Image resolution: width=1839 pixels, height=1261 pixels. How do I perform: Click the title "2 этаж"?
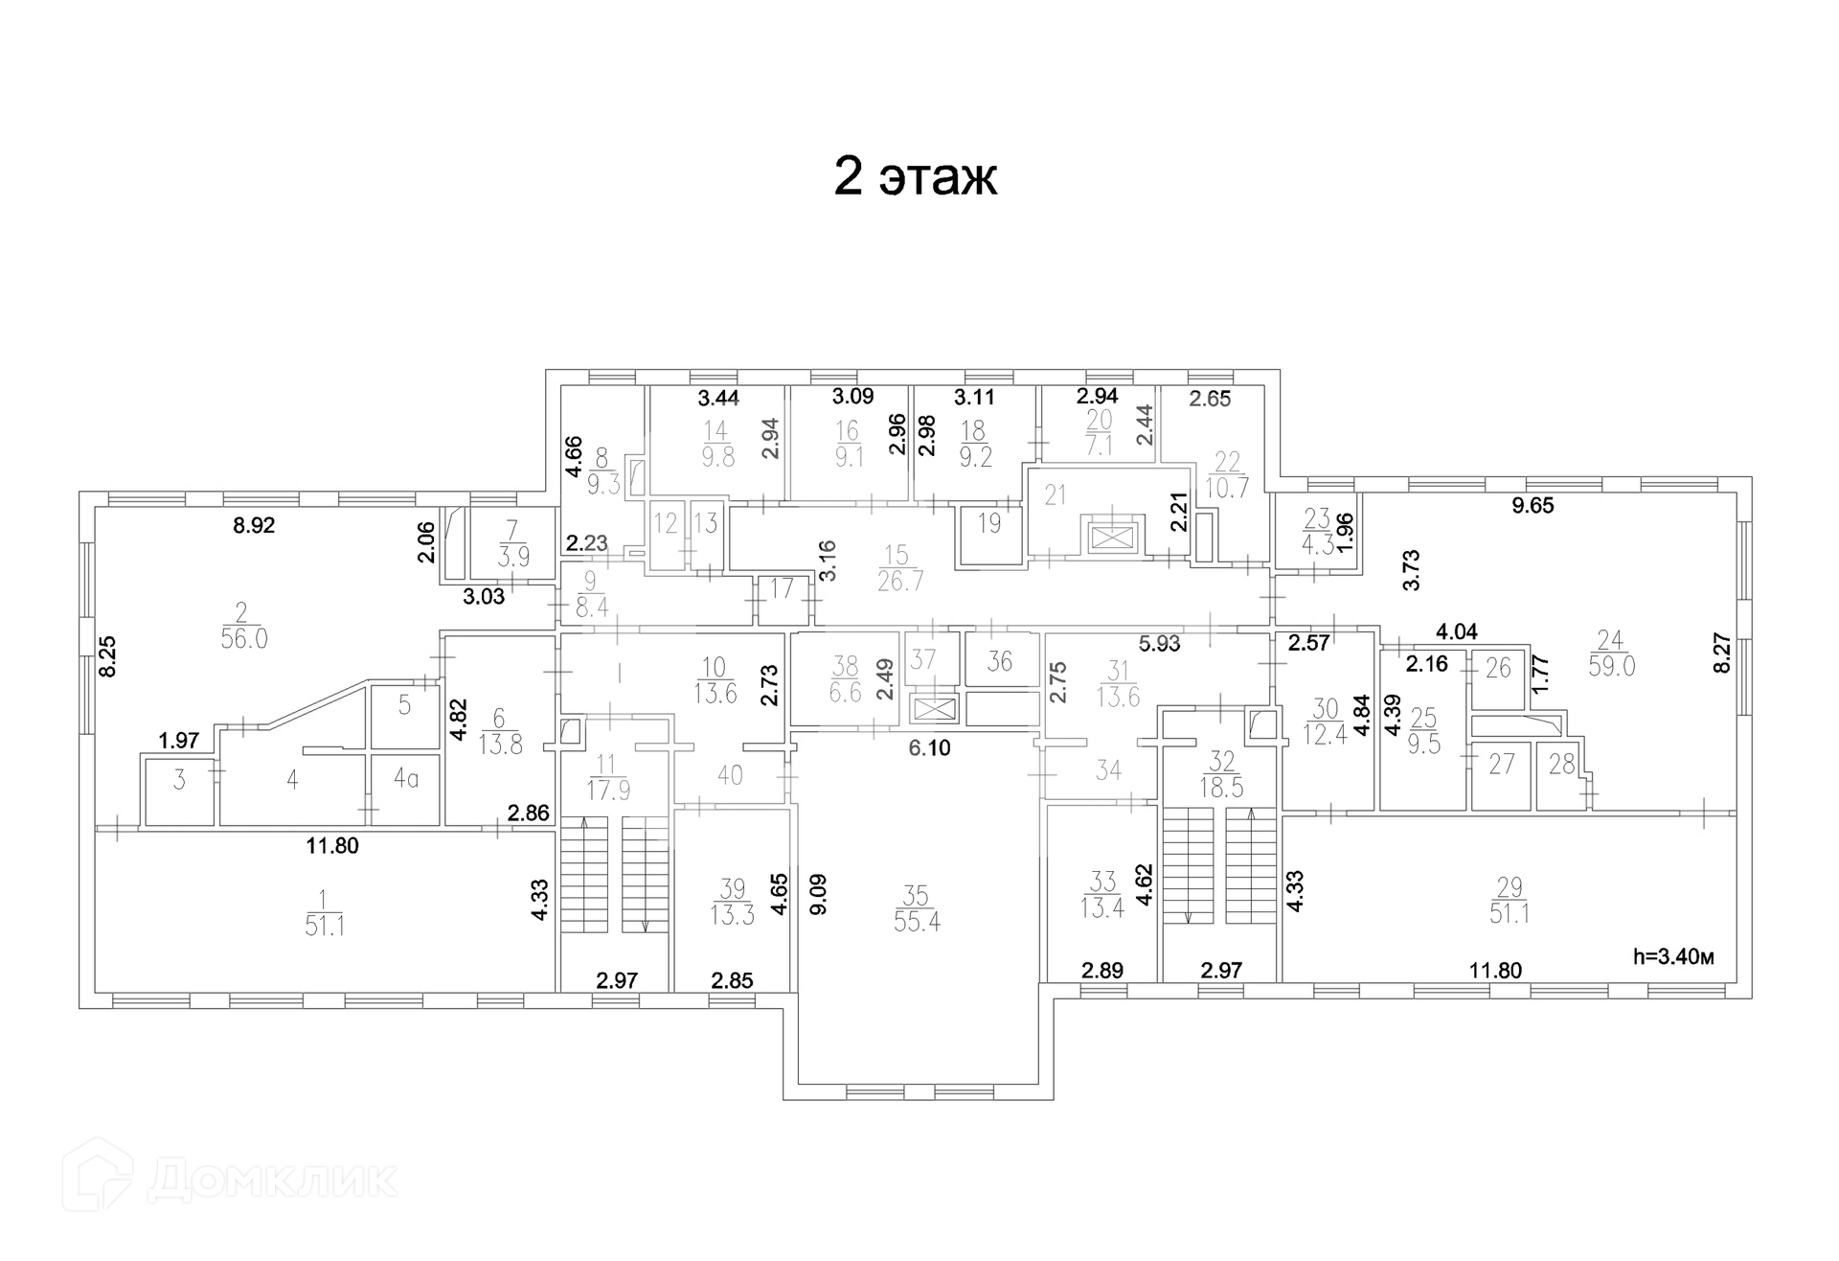tap(915, 176)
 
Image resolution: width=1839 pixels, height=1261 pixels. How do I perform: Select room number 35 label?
tap(916, 895)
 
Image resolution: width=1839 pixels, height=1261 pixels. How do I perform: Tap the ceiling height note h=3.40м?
tap(1672, 955)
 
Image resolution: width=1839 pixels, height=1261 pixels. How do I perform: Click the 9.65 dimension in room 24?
tap(1532, 506)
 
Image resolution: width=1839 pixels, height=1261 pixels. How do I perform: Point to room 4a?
tap(406, 779)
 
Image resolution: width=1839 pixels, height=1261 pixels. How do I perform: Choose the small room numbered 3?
tap(179, 780)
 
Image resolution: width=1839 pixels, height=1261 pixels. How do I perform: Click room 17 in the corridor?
tap(782, 587)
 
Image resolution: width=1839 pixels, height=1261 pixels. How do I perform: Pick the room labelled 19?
tap(989, 523)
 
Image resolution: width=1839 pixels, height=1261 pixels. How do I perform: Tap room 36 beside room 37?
tap(999, 661)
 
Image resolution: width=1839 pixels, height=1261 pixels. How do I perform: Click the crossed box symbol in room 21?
tap(1111, 538)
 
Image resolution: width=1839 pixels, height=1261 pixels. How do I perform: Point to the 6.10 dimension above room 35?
tap(929, 747)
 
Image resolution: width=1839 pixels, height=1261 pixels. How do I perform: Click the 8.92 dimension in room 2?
tap(255, 525)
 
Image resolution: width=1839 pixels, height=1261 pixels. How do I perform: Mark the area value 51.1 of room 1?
tap(325, 926)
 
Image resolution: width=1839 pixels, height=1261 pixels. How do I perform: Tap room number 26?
tap(1498, 667)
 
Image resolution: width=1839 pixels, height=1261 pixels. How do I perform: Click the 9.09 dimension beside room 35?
tap(818, 894)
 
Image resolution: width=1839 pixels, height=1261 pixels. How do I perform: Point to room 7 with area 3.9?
tap(514, 542)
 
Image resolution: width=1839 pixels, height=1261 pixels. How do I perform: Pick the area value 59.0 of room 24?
tap(1611, 666)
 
